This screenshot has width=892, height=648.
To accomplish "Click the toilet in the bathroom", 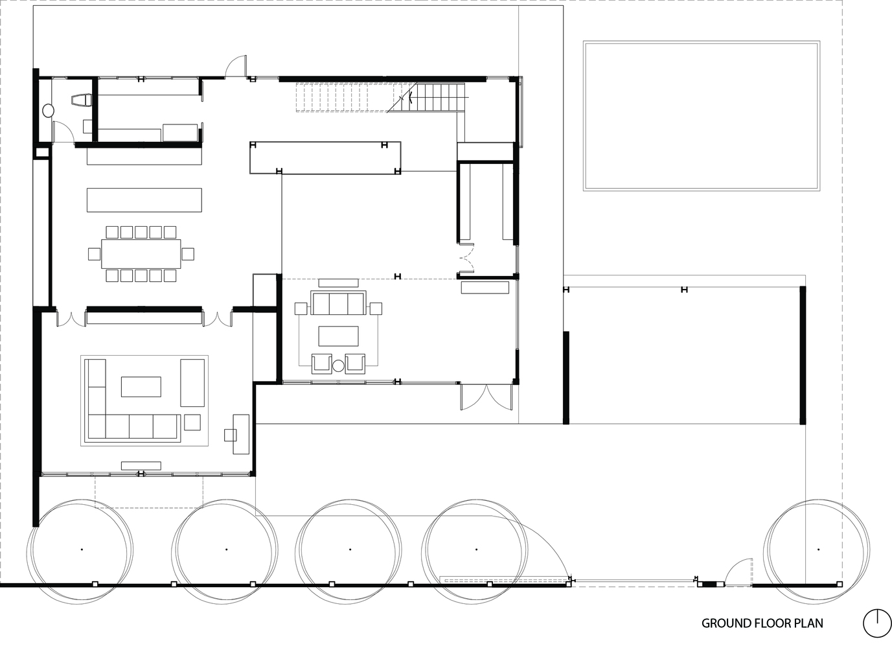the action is click(x=82, y=100).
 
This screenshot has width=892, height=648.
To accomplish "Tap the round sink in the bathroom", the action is click(x=48, y=110).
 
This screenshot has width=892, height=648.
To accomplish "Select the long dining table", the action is click(x=141, y=254).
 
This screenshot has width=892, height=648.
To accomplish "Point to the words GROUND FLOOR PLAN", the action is click(x=762, y=623).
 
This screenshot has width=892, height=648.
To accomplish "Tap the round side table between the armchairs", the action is click(x=338, y=365).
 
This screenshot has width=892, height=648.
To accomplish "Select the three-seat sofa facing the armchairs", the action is click(x=339, y=303).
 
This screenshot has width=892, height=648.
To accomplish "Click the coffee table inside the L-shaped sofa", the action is click(x=141, y=387).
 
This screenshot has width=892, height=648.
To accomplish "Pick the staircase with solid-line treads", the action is click(x=437, y=97).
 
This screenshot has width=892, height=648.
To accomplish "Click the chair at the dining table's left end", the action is click(x=95, y=254).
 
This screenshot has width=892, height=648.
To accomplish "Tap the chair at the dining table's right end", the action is click(x=188, y=254).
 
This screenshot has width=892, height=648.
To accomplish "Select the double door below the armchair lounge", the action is click(x=486, y=397).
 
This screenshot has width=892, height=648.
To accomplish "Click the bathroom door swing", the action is click(x=63, y=131).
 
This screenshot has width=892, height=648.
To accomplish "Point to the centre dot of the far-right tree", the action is click(x=818, y=550).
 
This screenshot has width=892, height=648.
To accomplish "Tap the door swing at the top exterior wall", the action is click(x=236, y=65).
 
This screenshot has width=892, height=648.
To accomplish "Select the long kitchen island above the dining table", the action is click(x=144, y=200).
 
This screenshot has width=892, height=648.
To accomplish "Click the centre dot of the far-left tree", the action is click(x=82, y=550).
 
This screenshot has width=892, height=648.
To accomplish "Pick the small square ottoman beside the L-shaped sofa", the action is click(x=192, y=422).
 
